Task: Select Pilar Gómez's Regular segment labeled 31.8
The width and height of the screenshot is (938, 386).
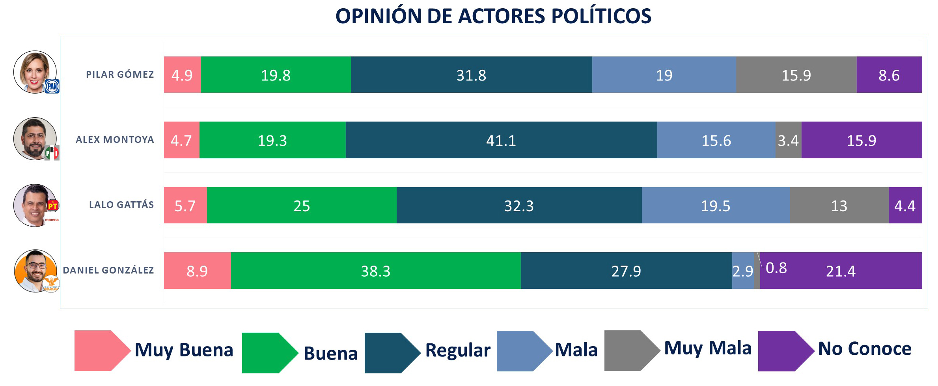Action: pos(471,75)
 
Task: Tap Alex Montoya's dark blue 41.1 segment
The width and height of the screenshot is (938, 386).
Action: pos(501,140)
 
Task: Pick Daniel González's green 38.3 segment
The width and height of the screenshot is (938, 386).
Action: pos(375,271)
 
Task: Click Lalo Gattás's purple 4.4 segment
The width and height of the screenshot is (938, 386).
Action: pos(905,206)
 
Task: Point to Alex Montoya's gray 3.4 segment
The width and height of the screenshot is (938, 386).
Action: pos(788,140)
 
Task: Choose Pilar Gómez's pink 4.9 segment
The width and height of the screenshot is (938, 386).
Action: pos(182,75)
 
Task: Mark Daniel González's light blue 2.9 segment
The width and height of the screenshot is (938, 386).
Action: pos(742,271)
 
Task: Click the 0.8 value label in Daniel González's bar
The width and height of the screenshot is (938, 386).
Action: pos(776,268)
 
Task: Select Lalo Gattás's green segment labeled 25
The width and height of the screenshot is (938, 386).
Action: pos(302,206)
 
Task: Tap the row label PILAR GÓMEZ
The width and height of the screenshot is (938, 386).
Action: pos(120,75)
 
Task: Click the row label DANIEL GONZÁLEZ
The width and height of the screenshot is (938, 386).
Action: pos(108,270)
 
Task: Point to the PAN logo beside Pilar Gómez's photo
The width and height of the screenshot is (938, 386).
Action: pos(52,86)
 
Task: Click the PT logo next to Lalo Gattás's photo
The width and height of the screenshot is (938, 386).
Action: pos(53,205)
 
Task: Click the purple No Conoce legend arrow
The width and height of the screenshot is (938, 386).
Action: pos(785,351)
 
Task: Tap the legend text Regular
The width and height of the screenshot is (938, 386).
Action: pos(458,350)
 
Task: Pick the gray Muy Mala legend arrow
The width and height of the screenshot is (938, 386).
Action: pos(631,350)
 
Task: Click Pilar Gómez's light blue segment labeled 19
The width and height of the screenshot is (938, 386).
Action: pos(664,75)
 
